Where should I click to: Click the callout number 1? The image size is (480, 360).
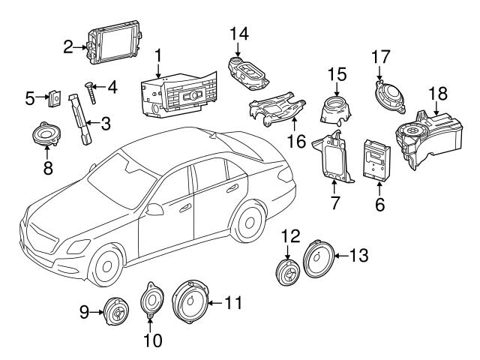coord(158,55)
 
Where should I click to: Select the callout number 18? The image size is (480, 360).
coord(438,92)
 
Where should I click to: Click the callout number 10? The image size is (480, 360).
coord(152,341)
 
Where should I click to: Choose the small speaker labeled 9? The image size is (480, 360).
coord(116,310)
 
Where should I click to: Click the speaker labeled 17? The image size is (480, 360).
coord(388,95)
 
